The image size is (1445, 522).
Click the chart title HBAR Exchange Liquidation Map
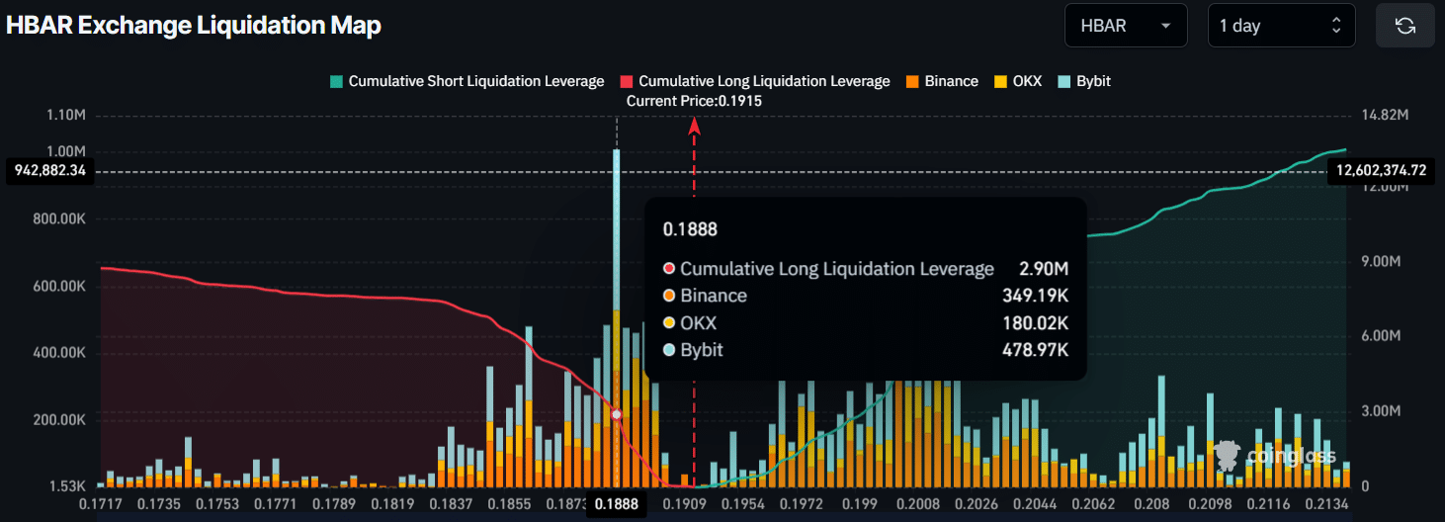194,26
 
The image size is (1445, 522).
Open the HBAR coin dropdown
1126,26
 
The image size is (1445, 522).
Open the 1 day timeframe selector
1281,26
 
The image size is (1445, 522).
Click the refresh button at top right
1404,26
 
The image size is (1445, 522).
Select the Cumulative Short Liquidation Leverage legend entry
467,81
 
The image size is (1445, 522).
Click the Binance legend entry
941,81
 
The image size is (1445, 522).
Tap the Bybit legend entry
1084,81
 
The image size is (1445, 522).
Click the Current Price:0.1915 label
694,101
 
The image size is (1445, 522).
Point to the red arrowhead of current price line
695,125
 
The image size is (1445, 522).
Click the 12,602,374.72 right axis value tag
1381,171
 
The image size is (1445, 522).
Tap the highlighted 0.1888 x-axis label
616,504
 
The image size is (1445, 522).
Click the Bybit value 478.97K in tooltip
1036,350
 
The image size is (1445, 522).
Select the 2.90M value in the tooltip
1044,269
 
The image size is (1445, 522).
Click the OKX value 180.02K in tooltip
1036,323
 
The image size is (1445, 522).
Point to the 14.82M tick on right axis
1384,116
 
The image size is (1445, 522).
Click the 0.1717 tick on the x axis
99,504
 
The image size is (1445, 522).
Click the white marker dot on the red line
617,414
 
